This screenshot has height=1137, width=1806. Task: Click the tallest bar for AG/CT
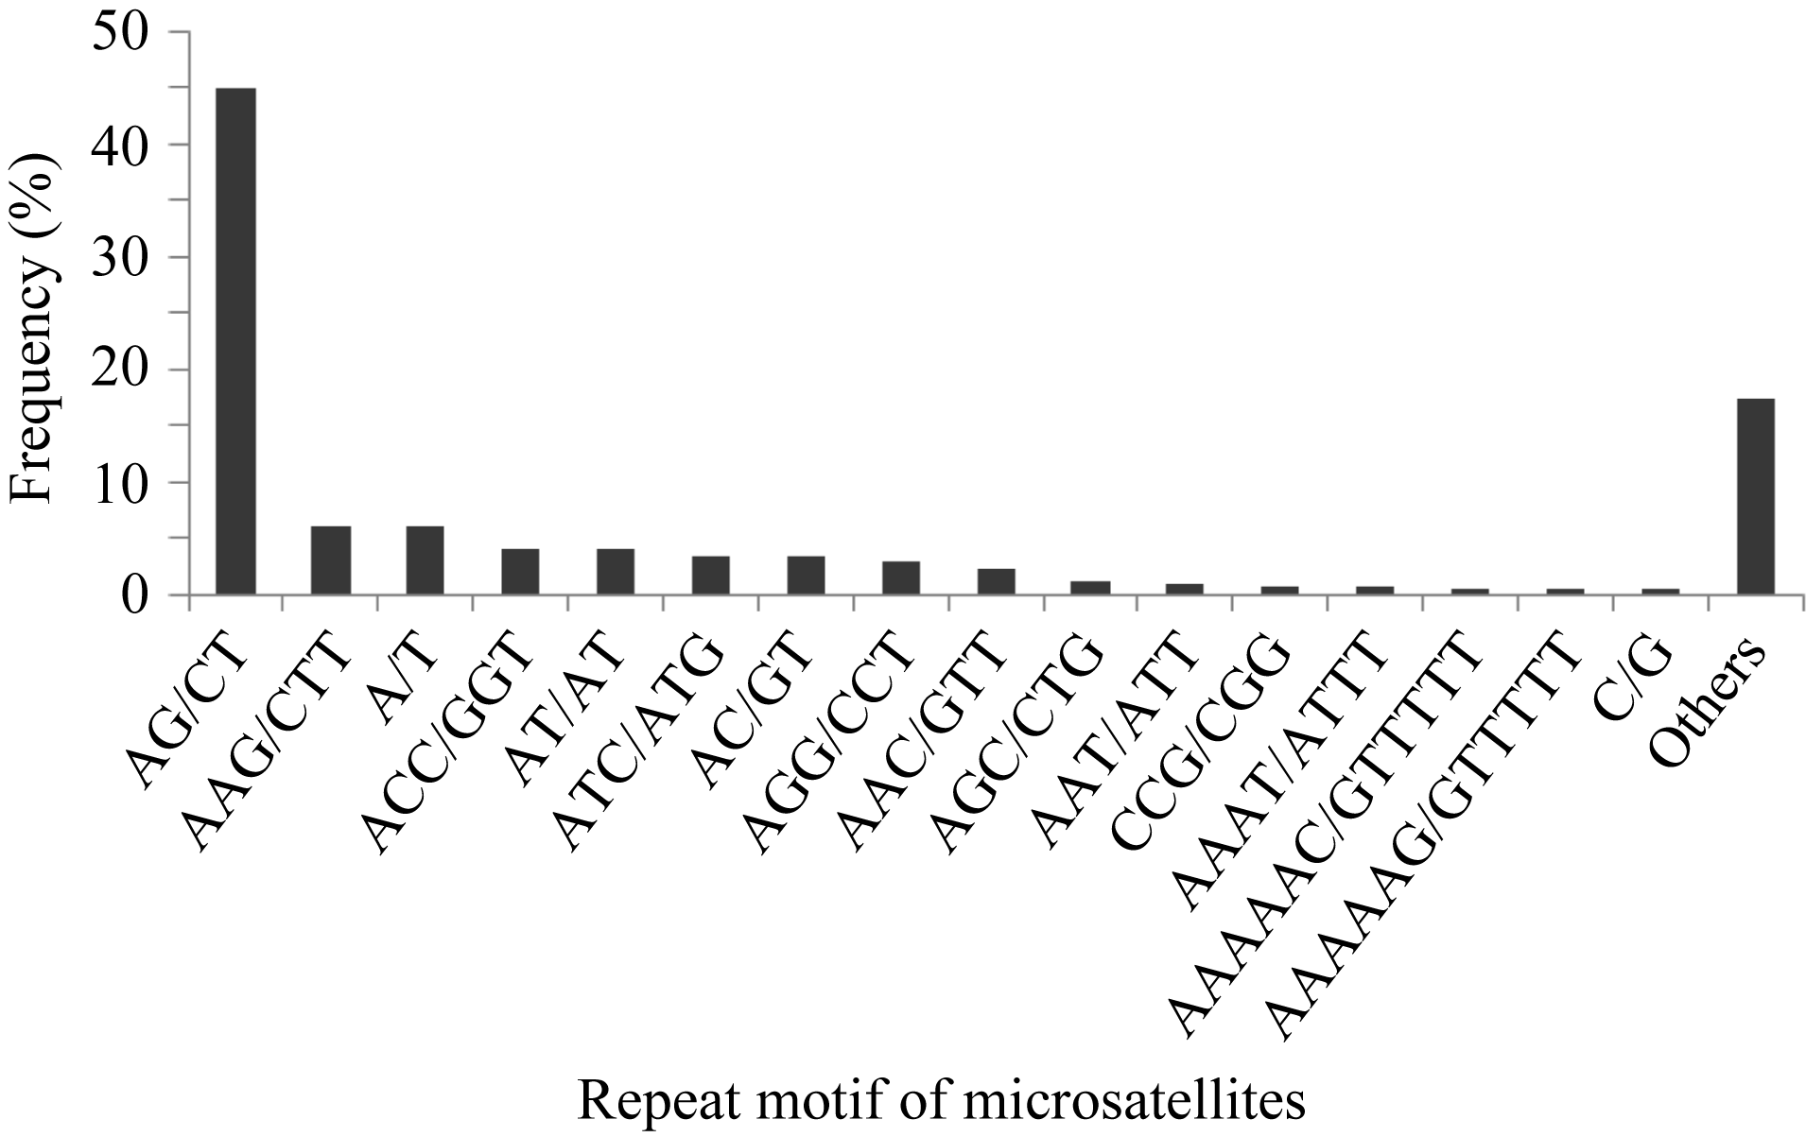(235, 341)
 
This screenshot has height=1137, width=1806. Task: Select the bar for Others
(1755, 497)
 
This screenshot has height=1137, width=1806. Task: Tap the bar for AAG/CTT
(331, 560)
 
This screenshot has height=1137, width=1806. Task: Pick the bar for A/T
(425, 560)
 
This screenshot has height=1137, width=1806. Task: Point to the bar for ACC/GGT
(520, 572)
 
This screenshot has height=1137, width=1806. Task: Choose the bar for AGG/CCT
(900, 578)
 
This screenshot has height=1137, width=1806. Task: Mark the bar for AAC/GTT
(996, 582)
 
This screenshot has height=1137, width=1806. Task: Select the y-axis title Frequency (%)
(34, 331)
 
